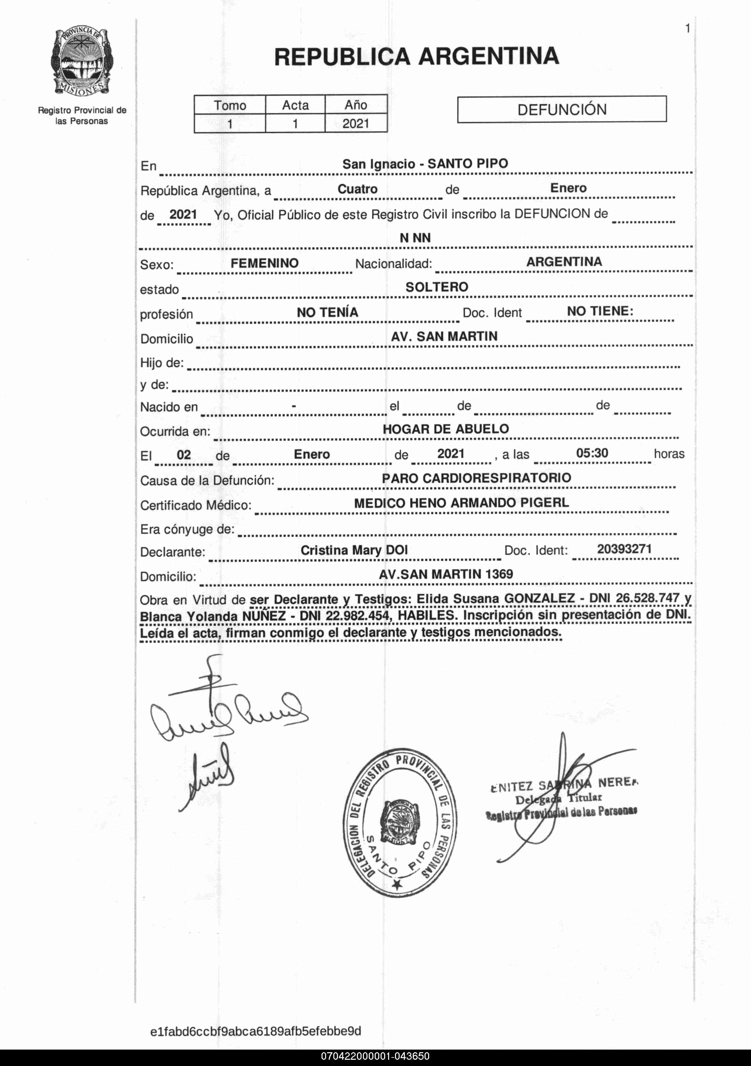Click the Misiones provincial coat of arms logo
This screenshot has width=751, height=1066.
(82, 61)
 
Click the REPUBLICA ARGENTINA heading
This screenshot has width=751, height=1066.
(416, 57)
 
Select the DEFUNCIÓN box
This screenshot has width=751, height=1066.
(562, 110)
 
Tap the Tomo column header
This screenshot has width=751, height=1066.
(230, 105)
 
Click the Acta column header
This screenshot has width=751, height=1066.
(295, 105)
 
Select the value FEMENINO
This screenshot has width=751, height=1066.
(264, 263)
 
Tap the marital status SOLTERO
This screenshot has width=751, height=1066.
(437, 287)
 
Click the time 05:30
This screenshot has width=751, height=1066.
(592, 453)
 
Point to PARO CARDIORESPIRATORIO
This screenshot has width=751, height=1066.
(476, 478)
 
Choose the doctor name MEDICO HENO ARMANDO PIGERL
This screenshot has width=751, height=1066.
(461, 503)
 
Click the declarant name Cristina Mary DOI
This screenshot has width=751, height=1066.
(354, 550)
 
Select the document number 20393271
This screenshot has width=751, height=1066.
(624, 549)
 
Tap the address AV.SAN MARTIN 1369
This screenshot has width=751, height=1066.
(446, 574)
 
